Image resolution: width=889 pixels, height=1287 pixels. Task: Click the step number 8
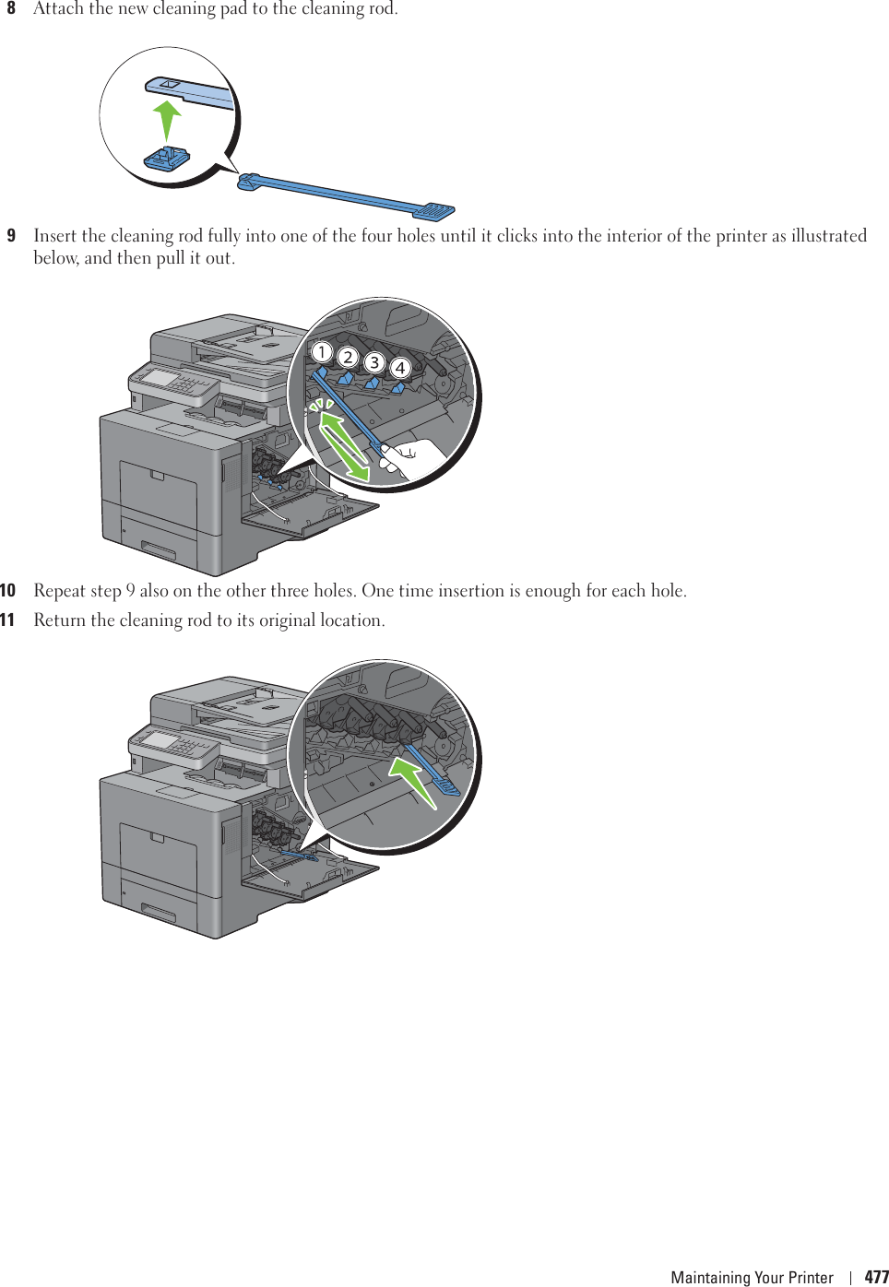tap(11, 8)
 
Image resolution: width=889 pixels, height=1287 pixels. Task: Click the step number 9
tap(11, 235)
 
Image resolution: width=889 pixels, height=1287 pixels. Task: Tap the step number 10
tap(8, 590)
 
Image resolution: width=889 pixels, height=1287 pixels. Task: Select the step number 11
tap(8, 620)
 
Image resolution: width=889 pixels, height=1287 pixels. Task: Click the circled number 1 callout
tap(321, 351)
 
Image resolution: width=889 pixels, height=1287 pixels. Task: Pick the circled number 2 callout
tap(348, 357)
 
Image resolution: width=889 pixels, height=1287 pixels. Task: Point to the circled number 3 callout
tap(374, 361)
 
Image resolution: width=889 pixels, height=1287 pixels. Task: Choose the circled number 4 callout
tap(400, 367)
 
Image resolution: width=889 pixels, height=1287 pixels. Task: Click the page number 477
tap(876, 1277)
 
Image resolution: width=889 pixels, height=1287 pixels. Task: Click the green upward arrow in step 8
tap(167, 120)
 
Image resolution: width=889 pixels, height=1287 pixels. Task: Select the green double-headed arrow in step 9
tap(344, 446)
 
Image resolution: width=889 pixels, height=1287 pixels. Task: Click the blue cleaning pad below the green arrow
tap(167, 160)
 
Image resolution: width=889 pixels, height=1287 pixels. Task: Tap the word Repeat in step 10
tap(59, 591)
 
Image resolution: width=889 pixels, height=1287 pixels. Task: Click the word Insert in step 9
tap(54, 235)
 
